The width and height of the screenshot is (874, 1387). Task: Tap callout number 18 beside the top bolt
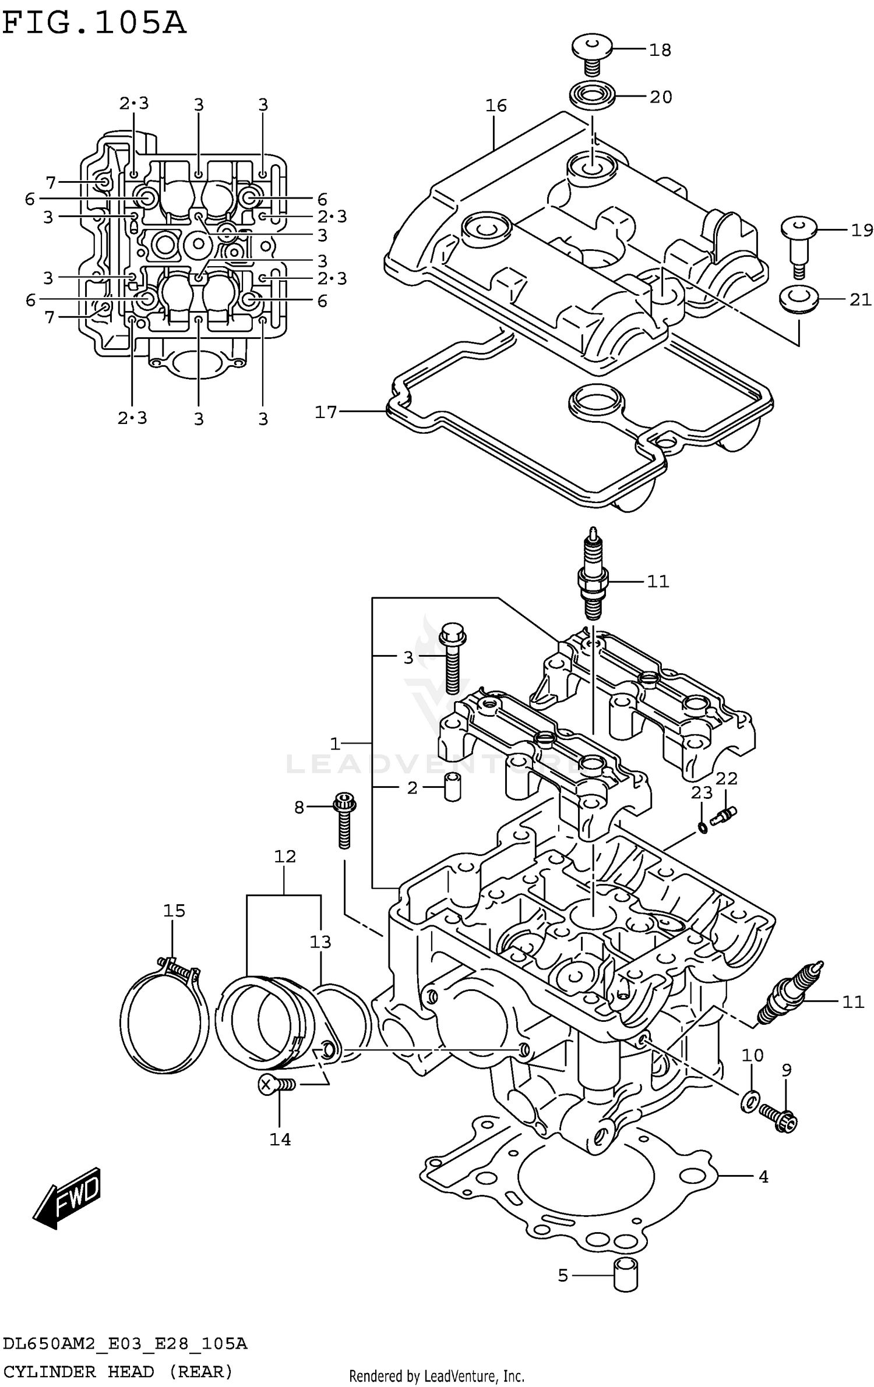[x=660, y=50]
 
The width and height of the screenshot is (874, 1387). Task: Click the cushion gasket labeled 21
[x=799, y=299]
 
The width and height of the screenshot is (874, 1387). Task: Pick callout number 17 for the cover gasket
[x=326, y=412]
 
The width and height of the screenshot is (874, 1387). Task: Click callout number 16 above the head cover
[x=496, y=106]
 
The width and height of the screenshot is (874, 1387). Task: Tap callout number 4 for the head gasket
[x=763, y=1177]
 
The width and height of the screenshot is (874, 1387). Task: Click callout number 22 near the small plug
[x=727, y=779]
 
